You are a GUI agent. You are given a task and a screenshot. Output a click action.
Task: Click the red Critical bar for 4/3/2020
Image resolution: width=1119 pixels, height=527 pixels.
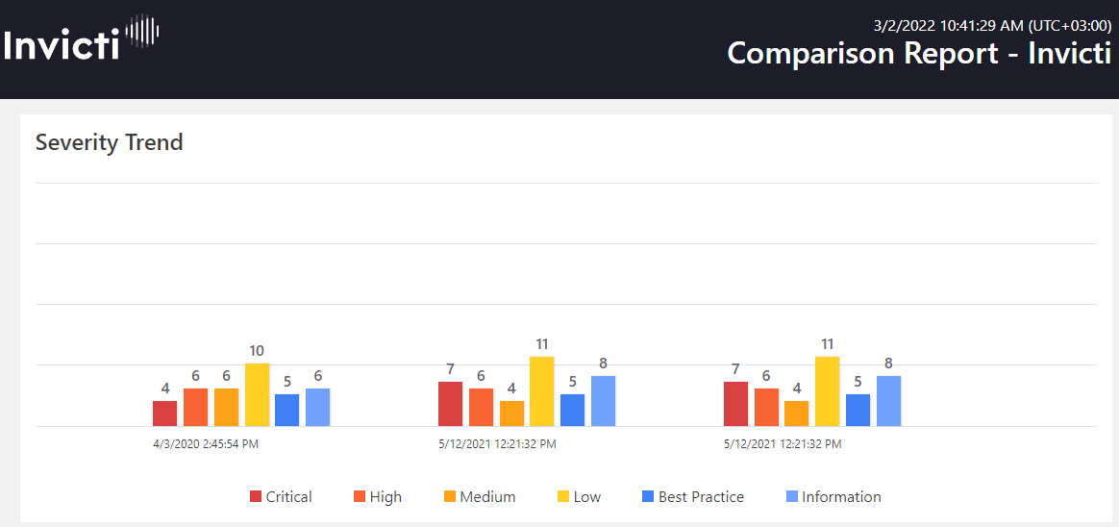(164, 414)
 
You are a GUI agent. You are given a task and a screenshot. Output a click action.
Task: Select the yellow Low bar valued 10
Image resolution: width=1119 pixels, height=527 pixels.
(257, 394)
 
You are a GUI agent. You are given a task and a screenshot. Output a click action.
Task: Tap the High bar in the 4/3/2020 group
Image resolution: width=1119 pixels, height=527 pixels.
(195, 407)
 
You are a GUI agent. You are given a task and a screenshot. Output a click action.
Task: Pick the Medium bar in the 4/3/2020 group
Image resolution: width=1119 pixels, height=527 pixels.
(226, 407)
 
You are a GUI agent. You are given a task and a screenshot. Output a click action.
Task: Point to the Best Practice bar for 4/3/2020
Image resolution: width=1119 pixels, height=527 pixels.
(286, 410)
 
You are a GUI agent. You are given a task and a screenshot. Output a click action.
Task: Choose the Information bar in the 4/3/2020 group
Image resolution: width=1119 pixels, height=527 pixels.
(317, 407)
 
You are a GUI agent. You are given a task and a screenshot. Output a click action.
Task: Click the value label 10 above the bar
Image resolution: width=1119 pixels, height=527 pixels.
(257, 351)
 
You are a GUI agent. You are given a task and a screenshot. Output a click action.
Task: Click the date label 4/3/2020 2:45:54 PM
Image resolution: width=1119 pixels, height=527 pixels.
(206, 444)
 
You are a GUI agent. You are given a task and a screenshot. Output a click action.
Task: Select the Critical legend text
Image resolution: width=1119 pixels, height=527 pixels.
(288, 497)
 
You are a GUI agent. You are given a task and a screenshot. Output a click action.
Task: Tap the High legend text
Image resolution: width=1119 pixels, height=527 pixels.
(385, 497)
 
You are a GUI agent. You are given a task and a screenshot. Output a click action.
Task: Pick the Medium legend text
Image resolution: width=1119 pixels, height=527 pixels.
(487, 497)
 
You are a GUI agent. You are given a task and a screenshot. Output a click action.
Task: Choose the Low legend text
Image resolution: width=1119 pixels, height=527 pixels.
(586, 497)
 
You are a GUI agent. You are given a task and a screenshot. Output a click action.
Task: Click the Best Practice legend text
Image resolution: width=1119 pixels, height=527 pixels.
(701, 497)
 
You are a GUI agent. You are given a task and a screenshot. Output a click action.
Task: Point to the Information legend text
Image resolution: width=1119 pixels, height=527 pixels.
(841, 497)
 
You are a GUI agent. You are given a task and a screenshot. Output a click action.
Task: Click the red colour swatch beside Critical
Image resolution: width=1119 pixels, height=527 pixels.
(256, 497)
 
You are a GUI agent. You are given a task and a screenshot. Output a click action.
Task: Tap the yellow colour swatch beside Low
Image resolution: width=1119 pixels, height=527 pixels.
(563, 497)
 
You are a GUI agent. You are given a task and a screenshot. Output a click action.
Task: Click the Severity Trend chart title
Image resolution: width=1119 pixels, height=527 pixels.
(109, 142)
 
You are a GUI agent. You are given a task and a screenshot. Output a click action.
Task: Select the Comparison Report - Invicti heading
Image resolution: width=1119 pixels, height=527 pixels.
(919, 53)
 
